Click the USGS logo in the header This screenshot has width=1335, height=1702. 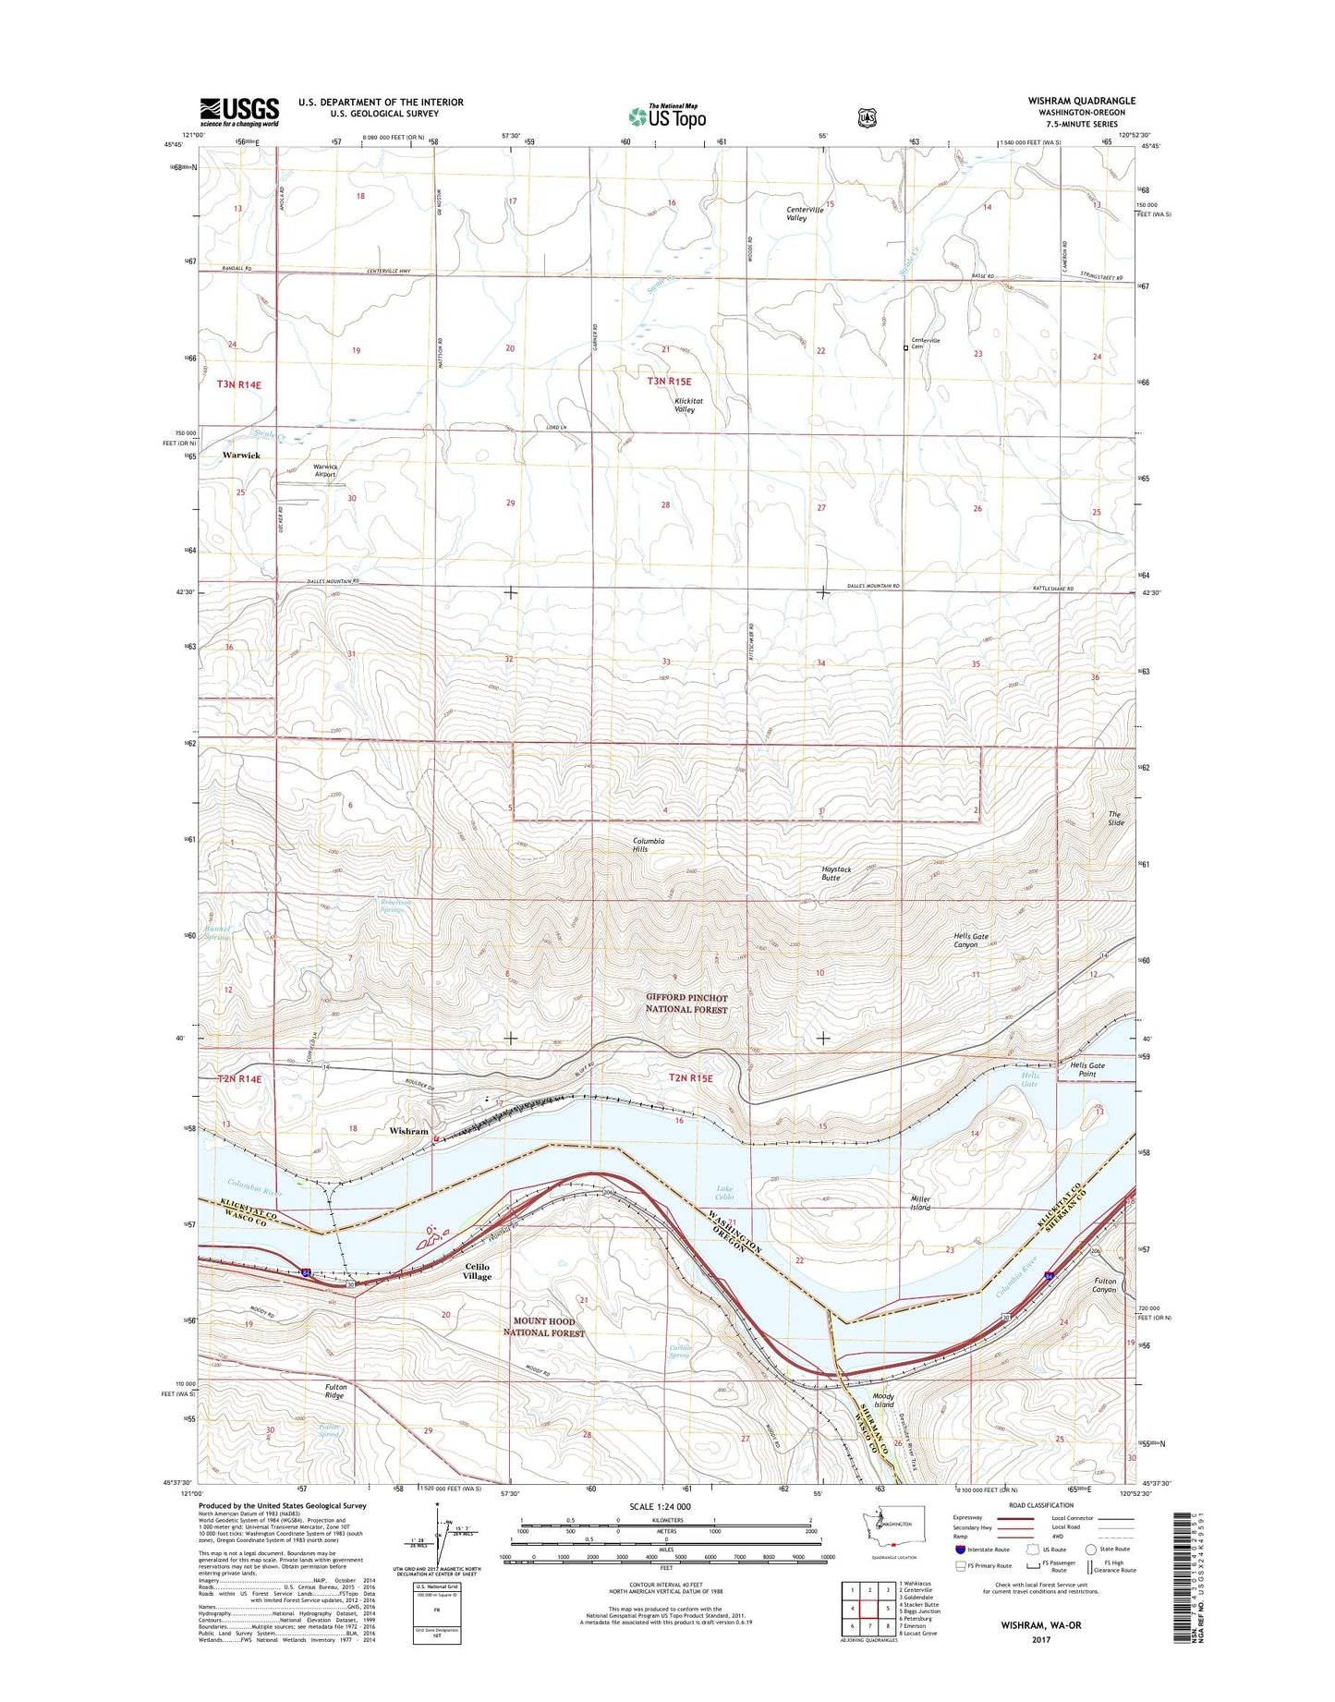(239, 112)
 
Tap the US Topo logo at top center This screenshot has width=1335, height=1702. (667, 116)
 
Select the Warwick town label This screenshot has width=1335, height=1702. (241, 456)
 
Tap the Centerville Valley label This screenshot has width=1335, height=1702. (805, 213)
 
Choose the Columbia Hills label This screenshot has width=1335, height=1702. (649, 845)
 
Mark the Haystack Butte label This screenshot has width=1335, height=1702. (836, 873)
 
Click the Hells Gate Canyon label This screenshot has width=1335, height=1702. (971, 940)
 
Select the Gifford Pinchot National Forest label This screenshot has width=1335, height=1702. (686, 1003)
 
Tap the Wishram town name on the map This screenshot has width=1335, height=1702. (408, 1131)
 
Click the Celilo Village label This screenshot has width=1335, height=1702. (478, 1271)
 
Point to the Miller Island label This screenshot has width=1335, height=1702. (919, 1202)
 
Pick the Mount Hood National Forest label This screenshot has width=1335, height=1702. (544, 1327)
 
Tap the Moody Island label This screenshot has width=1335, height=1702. (883, 1400)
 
